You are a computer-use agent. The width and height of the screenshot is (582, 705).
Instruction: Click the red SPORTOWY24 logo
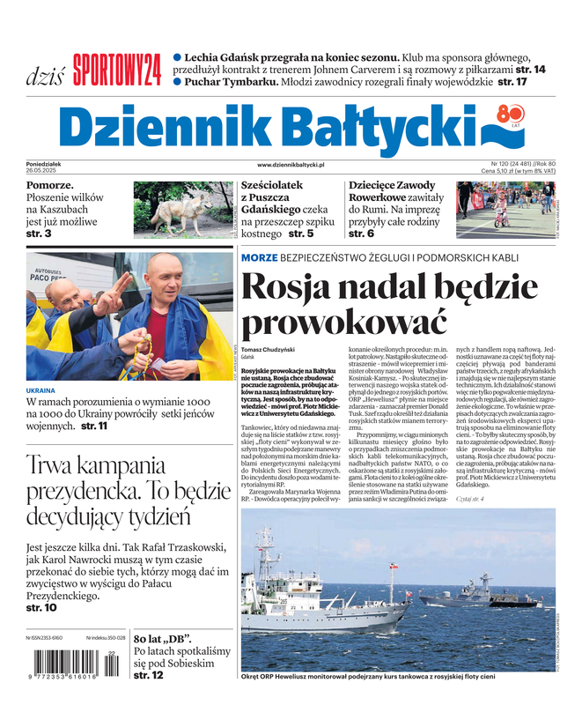pyautogui.click(x=116, y=69)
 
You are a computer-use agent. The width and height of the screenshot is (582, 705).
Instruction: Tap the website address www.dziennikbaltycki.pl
pyautogui.click(x=291, y=165)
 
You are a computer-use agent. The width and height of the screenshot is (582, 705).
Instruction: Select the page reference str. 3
pyautogui.click(x=39, y=234)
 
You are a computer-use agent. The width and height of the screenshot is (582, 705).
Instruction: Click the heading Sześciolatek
pyautogui.click(x=272, y=186)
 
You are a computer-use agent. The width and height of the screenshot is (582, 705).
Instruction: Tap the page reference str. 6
pyautogui.click(x=361, y=234)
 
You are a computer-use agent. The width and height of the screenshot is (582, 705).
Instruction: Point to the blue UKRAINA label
pyautogui.click(x=41, y=390)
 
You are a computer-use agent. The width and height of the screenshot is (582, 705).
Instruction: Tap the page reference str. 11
pyautogui.click(x=94, y=427)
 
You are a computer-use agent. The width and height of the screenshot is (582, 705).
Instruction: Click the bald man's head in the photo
pyautogui.click(x=164, y=275)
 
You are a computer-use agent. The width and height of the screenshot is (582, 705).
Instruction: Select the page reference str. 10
pyautogui.click(x=41, y=608)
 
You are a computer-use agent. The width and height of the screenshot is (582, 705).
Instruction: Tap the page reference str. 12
pyautogui.click(x=148, y=676)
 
